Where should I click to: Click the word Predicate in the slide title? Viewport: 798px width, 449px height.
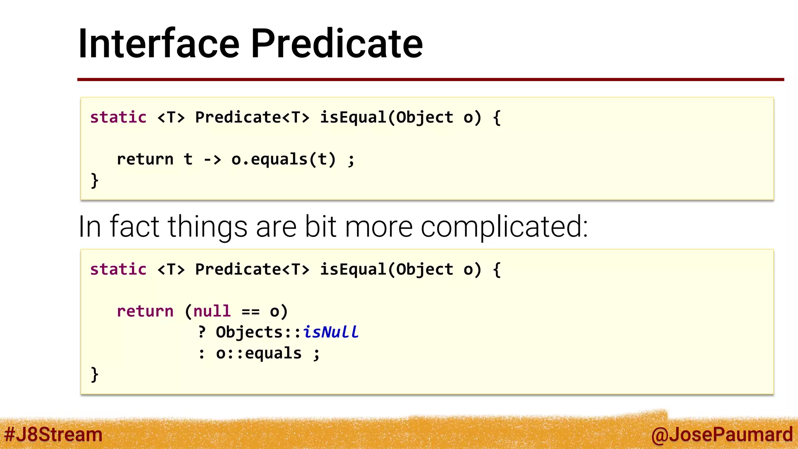point(337,44)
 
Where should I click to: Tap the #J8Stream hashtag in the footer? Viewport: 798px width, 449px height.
point(53,434)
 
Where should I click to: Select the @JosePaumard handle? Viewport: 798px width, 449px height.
point(722,434)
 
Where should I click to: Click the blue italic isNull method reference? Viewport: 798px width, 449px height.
point(330,332)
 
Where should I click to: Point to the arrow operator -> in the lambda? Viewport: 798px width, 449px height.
point(212,159)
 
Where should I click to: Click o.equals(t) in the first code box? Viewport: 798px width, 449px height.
point(283,159)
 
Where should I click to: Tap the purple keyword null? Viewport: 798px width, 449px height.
point(212,311)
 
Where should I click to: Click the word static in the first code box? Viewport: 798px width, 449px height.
point(118,117)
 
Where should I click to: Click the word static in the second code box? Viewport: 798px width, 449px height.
point(118,269)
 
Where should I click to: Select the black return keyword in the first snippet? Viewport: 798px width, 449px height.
point(145,159)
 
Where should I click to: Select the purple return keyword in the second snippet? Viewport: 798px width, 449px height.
point(145,311)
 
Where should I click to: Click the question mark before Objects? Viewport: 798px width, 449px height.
point(201,332)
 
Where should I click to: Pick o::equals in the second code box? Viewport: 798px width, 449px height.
point(259,354)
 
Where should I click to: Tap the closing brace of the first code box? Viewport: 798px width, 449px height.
point(94,181)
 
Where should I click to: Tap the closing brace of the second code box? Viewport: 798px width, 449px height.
point(94,375)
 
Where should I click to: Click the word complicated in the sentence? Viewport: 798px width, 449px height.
point(504,226)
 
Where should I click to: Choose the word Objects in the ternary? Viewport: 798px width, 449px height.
point(249,332)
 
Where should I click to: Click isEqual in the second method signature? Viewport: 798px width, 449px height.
point(353,269)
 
